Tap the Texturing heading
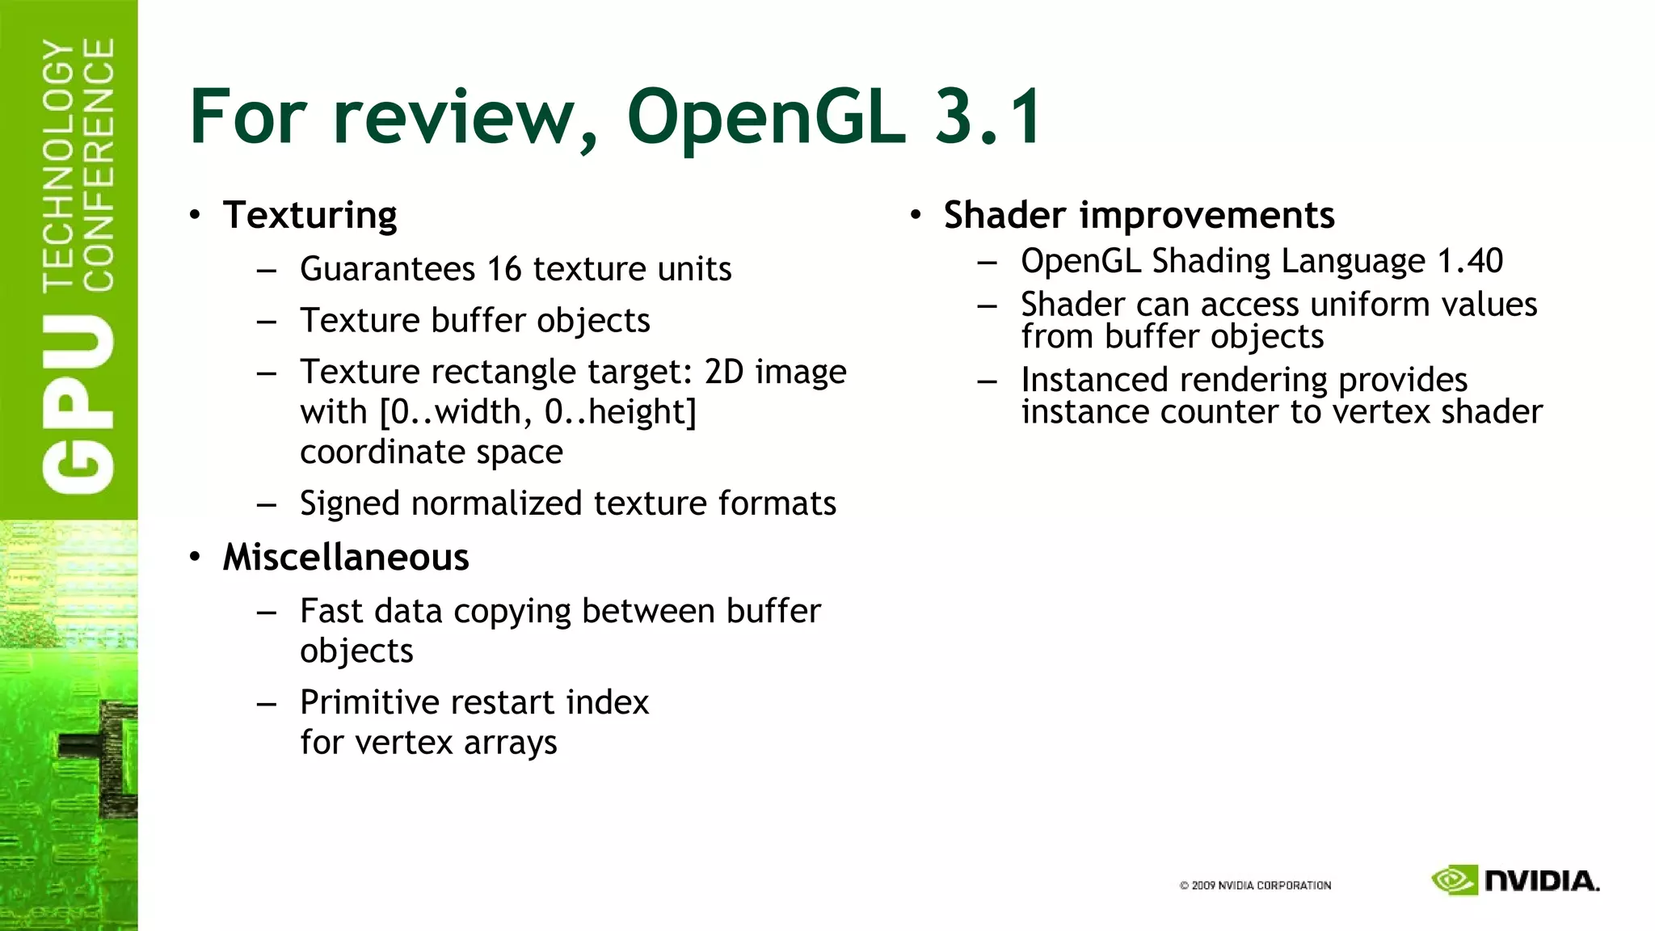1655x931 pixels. coord(310,216)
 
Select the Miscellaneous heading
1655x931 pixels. coord(345,558)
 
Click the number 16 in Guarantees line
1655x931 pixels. coord(503,269)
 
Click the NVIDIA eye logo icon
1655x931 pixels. coord(1454,880)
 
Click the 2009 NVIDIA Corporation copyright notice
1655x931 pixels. coord(1255,886)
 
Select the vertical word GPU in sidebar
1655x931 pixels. coord(78,404)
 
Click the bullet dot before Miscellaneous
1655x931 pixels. coord(195,557)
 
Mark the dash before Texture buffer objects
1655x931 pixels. coord(267,322)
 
